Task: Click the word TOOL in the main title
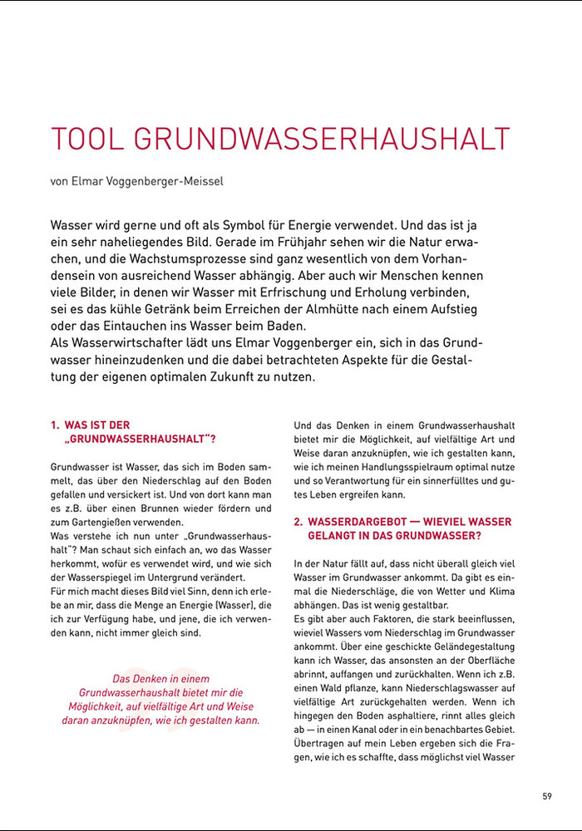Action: [86, 139]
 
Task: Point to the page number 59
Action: [547, 796]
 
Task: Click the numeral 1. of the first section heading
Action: [56, 425]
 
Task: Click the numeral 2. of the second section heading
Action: [298, 522]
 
